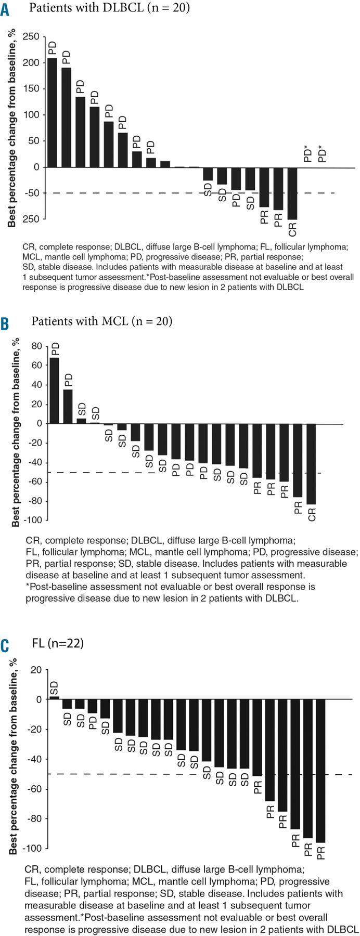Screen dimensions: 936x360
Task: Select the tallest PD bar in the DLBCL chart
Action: pyautogui.click(x=52, y=112)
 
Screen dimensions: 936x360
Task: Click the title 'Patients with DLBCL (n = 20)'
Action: pyautogui.click(x=109, y=8)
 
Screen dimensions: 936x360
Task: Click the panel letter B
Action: pyautogui.click(x=5, y=323)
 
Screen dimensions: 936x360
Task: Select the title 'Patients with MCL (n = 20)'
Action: pyautogui.click(x=102, y=321)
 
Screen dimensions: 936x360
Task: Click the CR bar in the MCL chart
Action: pyautogui.click(x=311, y=463)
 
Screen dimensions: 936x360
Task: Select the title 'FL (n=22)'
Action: pyautogui.click(x=58, y=643)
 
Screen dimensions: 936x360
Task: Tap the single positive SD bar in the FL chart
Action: pyautogui.click(x=54, y=698)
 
